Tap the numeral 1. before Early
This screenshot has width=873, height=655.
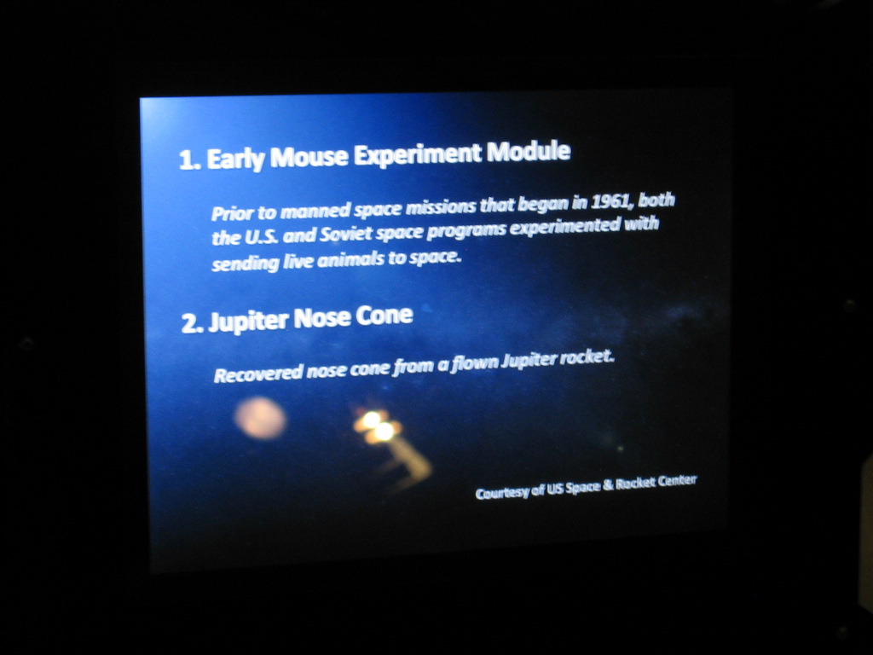189,161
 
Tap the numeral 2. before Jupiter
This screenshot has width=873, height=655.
192,323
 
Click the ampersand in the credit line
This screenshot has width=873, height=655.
608,484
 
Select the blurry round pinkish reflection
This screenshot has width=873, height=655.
260,418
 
